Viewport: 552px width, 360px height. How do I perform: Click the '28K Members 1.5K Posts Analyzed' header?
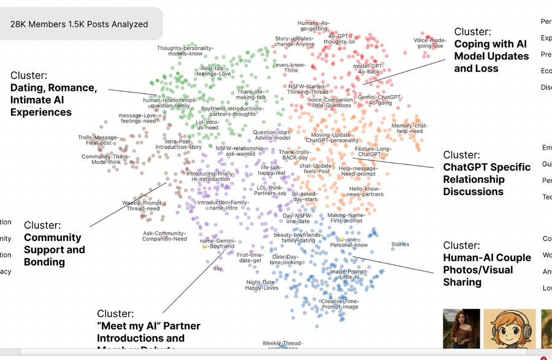(x=79, y=25)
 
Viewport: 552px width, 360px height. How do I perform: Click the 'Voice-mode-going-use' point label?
(x=431, y=43)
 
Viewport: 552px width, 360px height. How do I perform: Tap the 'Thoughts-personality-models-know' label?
(x=185, y=50)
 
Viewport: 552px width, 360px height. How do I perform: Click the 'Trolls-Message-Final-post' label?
(x=98, y=140)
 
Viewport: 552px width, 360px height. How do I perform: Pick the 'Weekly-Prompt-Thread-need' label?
(x=143, y=205)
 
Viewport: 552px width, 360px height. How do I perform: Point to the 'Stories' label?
(x=400, y=245)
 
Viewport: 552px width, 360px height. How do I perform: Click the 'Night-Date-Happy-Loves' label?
(x=262, y=285)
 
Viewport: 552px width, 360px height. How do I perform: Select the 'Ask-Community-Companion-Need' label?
(x=164, y=236)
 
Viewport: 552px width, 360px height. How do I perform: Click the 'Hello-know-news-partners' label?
(x=366, y=191)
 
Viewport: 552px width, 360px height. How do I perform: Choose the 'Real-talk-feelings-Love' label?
(x=216, y=71)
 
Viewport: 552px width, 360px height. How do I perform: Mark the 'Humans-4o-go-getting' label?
(x=313, y=26)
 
